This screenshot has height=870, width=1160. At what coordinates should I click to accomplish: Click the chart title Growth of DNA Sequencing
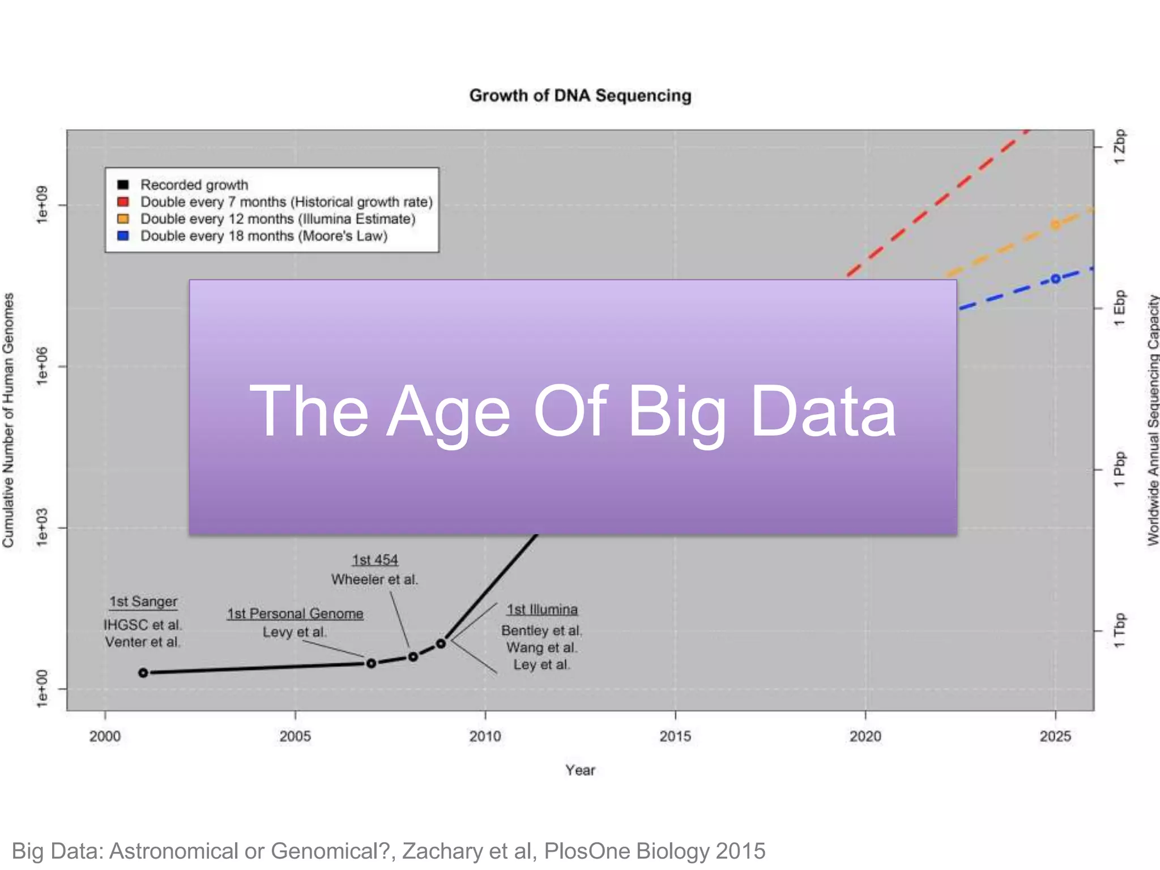click(580, 95)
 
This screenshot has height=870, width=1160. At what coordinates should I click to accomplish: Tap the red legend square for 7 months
click(123, 202)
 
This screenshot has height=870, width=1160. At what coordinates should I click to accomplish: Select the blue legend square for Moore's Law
click(123, 236)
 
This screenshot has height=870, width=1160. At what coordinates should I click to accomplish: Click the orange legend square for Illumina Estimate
click(123, 219)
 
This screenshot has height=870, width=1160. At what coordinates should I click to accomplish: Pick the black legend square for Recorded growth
click(123, 185)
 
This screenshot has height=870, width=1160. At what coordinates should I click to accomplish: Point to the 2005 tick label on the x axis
click(295, 736)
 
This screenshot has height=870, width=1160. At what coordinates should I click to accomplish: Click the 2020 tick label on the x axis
click(865, 736)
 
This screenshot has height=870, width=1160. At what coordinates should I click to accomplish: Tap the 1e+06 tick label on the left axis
click(42, 366)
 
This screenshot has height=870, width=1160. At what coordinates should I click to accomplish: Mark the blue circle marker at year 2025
click(1055, 279)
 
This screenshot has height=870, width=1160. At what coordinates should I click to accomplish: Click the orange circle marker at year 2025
click(1055, 225)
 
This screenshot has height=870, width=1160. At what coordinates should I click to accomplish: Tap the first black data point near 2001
click(143, 672)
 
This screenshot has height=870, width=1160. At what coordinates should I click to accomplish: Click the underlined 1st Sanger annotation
click(143, 602)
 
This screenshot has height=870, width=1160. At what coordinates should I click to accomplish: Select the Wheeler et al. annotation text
click(374, 579)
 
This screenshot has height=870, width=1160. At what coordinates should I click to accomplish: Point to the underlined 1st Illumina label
click(542, 609)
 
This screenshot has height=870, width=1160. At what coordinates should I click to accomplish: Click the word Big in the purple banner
click(677, 412)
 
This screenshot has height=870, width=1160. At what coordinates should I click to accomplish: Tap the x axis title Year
click(580, 770)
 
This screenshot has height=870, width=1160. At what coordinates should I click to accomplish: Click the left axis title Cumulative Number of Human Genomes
click(8, 420)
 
